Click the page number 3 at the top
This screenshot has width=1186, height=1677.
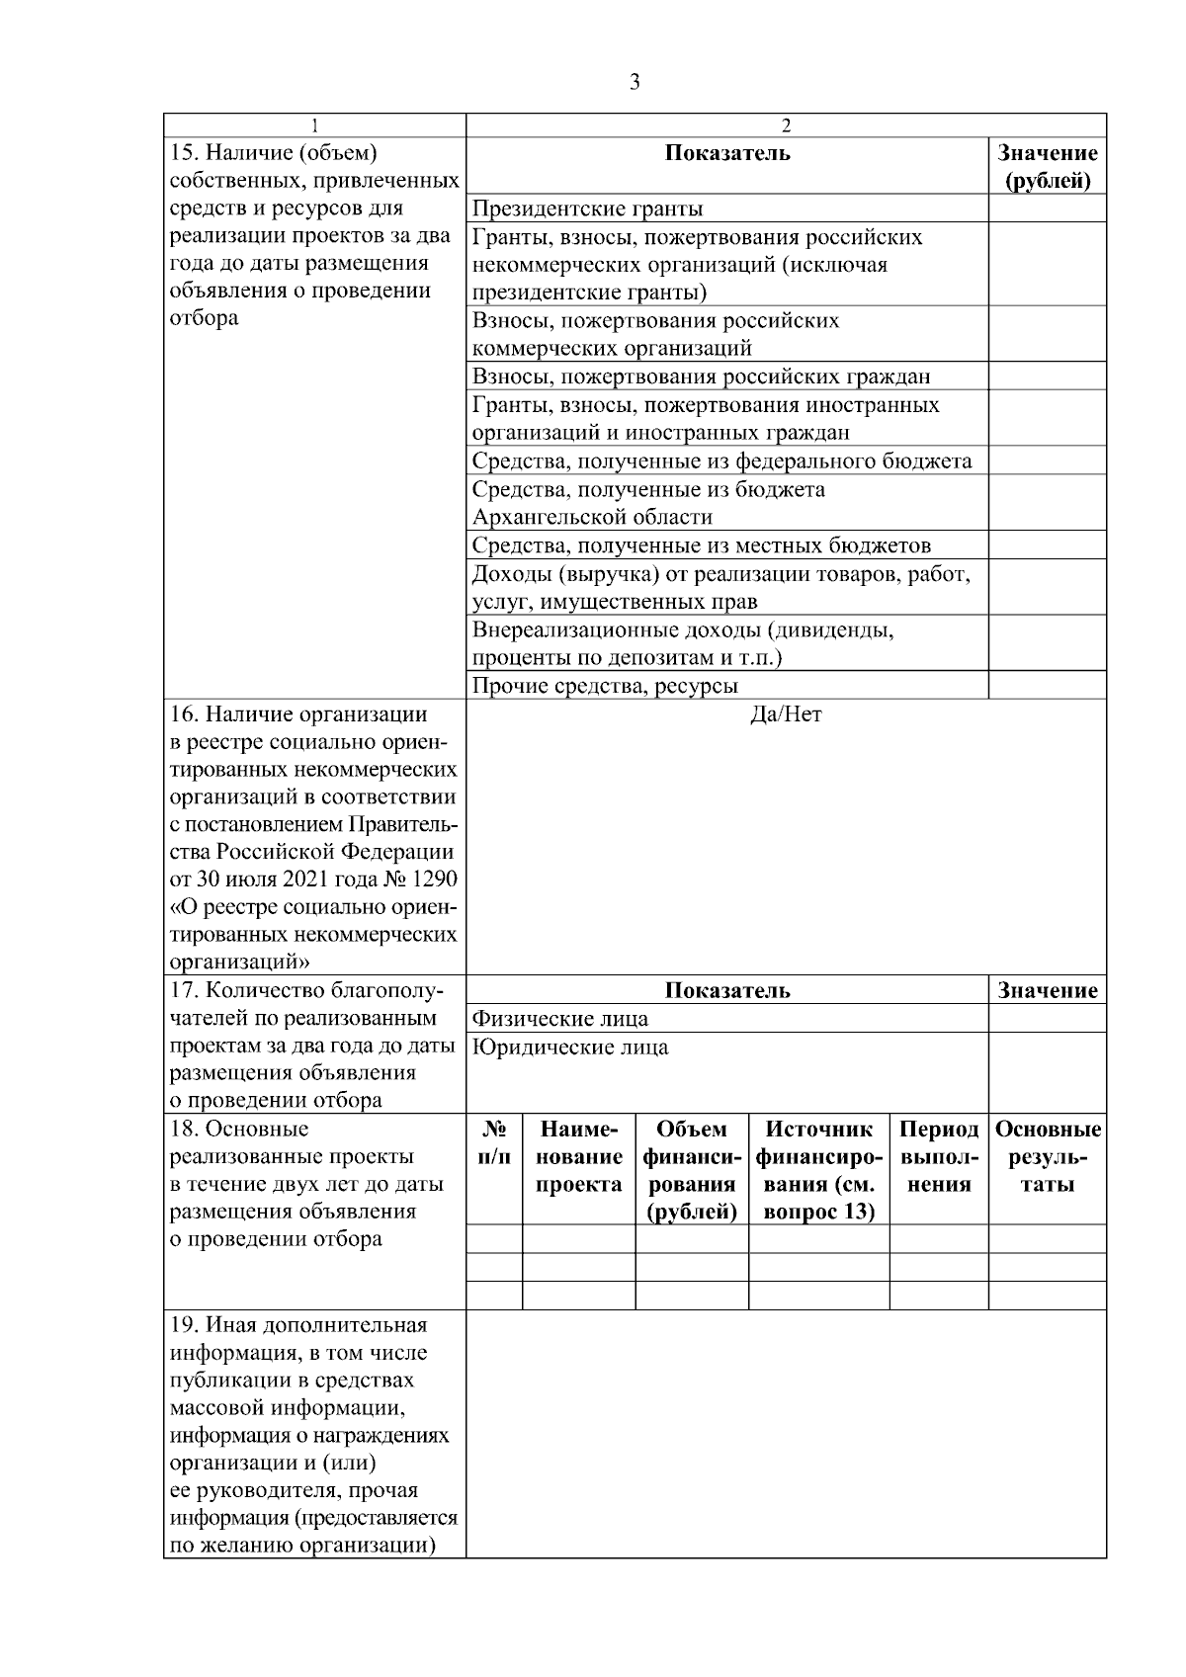point(635,82)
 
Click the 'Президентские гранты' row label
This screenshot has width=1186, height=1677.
point(587,209)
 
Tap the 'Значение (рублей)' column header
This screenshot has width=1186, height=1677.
point(1047,167)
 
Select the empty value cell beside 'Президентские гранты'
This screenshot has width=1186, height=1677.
point(1047,209)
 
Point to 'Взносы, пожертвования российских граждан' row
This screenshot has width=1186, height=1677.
point(701,377)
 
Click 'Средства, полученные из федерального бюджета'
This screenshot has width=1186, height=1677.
point(721,461)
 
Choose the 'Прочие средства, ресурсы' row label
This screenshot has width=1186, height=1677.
point(605,686)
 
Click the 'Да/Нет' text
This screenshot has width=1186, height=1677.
point(786,714)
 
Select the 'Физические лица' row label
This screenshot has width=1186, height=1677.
point(560,1019)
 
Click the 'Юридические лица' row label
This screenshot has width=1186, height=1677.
point(570,1048)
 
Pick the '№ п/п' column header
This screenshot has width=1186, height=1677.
point(494,1142)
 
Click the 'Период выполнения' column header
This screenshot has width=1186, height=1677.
point(939,1156)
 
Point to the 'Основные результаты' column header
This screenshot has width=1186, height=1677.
point(1047,1156)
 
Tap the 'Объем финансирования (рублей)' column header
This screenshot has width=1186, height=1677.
point(691,1170)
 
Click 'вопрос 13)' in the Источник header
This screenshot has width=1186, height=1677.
point(818,1213)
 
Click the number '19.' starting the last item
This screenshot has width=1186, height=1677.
point(186,1325)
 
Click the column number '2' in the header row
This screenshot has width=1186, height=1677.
point(786,126)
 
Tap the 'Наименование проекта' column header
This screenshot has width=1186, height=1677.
point(578,1156)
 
